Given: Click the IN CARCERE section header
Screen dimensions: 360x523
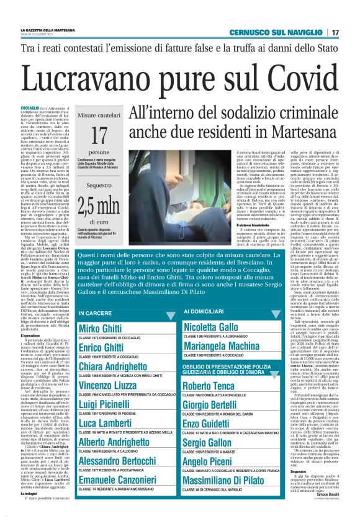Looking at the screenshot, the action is pos(97,312).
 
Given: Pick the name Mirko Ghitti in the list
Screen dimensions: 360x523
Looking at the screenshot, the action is pos(101,327).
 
